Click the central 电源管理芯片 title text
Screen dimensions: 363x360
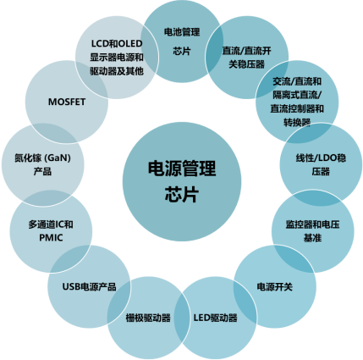point(182,181)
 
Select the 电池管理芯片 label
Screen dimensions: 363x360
point(182,42)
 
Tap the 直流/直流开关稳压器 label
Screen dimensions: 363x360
point(247,58)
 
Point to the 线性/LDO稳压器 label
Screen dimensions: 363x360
point(321,164)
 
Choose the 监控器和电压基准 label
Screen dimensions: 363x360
point(312,231)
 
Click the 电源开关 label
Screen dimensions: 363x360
point(275,286)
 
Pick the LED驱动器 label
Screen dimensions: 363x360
point(215,318)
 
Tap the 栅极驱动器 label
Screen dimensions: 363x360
point(148,318)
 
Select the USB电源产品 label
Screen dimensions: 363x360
point(89,286)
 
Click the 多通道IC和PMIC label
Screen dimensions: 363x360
point(51,231)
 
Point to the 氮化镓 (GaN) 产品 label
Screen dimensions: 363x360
point(42,164)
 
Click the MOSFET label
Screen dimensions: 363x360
point(67,102)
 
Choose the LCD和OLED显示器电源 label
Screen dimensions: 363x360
point(117,58)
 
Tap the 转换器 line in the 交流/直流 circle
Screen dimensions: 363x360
point(297,123)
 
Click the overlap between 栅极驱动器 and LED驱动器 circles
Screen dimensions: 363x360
point(182,318)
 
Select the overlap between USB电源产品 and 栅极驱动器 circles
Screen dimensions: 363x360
point(119,302)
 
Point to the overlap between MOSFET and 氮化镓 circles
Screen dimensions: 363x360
point(53,133)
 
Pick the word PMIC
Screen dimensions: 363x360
point(51,238)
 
